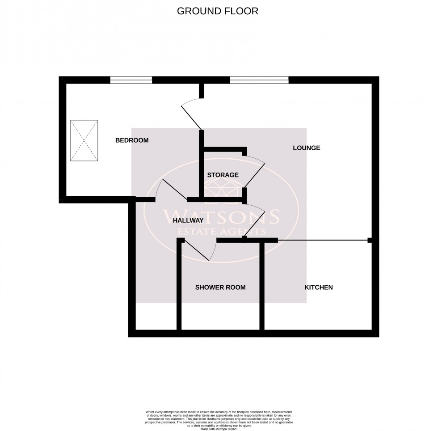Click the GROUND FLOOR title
click(218, 11)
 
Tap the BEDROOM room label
click(132, 140)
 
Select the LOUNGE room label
click(306, 148)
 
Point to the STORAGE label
click(223, 175)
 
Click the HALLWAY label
click(188, 220)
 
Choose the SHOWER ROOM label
click(220, 287)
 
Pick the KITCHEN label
click(318, 287)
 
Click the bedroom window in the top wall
click(131, 80)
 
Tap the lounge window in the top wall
click(259, 80)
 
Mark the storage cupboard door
click(255, 172)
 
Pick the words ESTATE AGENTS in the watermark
click(222, 232)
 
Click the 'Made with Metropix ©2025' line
click(219, 429)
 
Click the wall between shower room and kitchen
click(262, 286)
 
